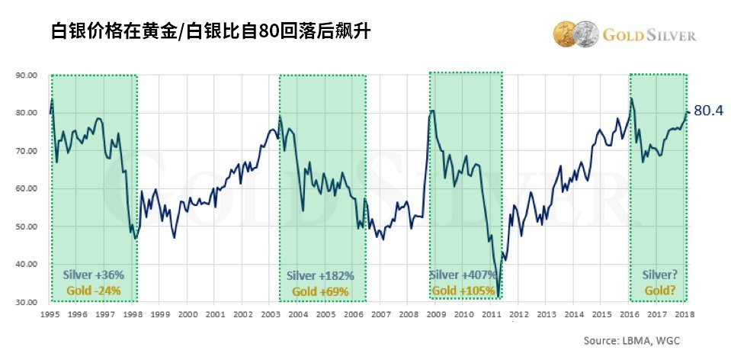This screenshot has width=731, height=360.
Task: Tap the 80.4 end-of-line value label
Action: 707,111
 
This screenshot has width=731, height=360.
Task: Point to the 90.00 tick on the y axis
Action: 27,76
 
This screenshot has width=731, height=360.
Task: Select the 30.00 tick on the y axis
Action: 27,302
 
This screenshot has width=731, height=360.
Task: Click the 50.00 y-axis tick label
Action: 27,227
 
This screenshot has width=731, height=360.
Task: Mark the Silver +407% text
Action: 461,275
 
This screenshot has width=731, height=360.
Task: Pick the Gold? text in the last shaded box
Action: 659,291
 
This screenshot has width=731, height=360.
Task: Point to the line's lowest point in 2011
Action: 497,294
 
